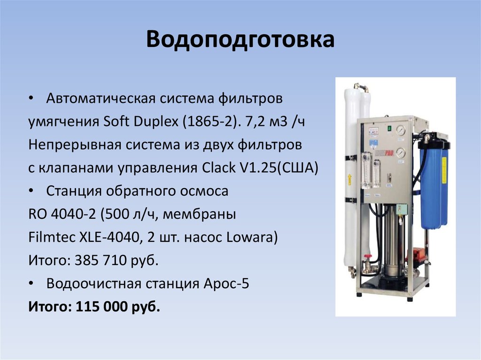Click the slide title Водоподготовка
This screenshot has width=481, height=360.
point(240,40)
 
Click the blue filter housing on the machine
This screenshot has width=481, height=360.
point(433,183)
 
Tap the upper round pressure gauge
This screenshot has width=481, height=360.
point(400,130)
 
